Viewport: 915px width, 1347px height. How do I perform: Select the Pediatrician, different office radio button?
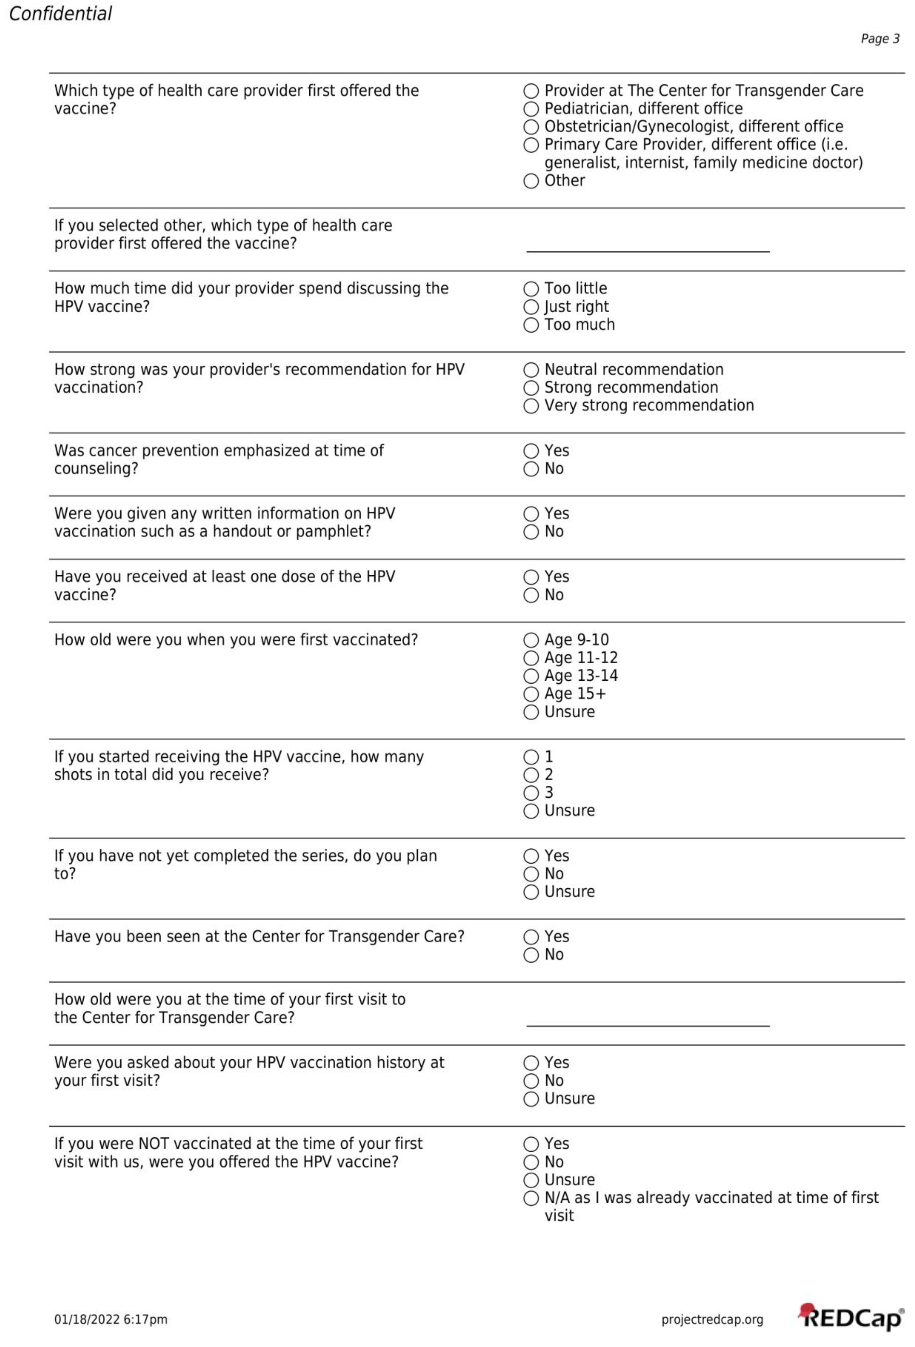(531, 109)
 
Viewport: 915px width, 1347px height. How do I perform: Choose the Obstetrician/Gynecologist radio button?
(531, 127)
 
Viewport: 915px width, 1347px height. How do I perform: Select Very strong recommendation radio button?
(531, 406)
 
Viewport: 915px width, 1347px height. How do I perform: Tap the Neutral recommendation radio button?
(531, 370)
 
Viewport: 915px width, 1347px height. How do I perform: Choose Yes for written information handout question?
(531, 514)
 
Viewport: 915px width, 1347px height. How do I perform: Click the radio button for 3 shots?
(531, 793)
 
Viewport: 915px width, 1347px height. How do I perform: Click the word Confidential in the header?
(60, 13)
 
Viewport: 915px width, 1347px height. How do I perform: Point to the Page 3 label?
(879, 39)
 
